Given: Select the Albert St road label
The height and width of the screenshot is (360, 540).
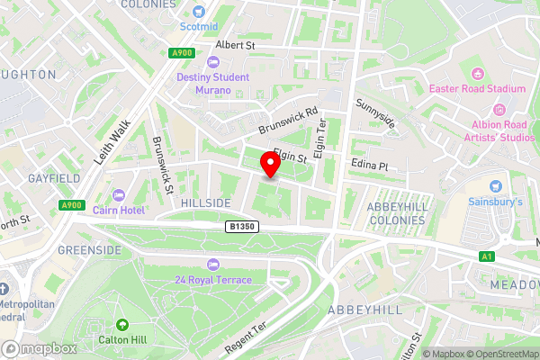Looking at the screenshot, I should (x=236, y=44).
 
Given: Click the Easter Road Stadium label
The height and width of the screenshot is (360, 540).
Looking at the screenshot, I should (x=490, y=89).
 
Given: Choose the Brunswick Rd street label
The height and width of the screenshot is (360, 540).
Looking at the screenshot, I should (x=288, y=122).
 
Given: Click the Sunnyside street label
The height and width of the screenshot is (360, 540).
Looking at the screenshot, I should (x=375, y=114).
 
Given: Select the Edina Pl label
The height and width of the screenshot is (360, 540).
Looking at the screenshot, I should (x=369, y=166).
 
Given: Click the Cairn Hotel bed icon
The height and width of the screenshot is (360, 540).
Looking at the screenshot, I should (x=119, y=195).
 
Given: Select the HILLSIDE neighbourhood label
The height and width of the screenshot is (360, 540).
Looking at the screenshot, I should (x=206, y=203).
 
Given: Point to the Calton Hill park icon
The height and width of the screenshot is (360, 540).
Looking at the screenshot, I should (x=123, y=326).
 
